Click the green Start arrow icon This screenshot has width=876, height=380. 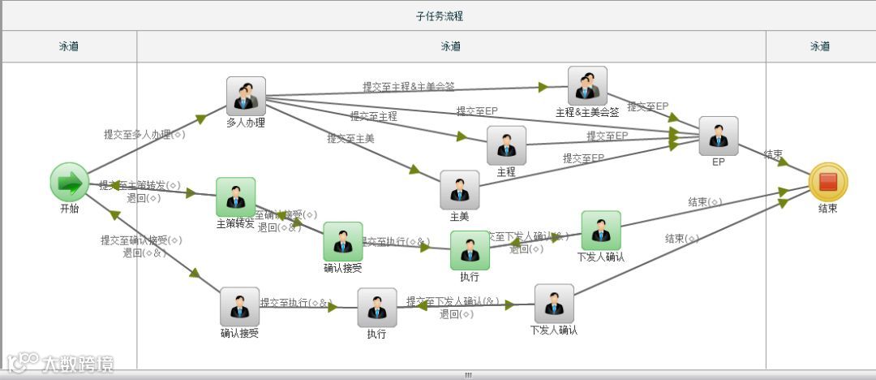point(70,182)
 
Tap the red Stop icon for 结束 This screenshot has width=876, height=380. point(827,182)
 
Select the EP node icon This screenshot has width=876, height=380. point(719,136)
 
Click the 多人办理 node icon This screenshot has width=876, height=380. point(246,97)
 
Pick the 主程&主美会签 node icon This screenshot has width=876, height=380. point(587,86)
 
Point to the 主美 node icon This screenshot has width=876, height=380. point(460,190)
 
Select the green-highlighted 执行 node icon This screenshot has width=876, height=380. point(470,250)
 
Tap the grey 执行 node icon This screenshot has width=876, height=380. point(377,308)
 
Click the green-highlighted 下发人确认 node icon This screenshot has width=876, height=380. point(601,231)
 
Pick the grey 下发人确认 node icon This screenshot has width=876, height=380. point(554,304)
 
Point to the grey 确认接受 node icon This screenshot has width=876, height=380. point(239,307)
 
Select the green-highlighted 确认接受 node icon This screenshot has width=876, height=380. point(343,242)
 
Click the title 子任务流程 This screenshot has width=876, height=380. point(439,16)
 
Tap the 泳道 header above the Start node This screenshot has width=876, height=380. point(69,47)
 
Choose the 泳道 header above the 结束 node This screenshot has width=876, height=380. point(820,47)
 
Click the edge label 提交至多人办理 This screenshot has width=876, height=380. point(144,135)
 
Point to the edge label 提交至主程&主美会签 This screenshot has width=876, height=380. point(408,86)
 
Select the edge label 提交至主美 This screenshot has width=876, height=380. point(350,139)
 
